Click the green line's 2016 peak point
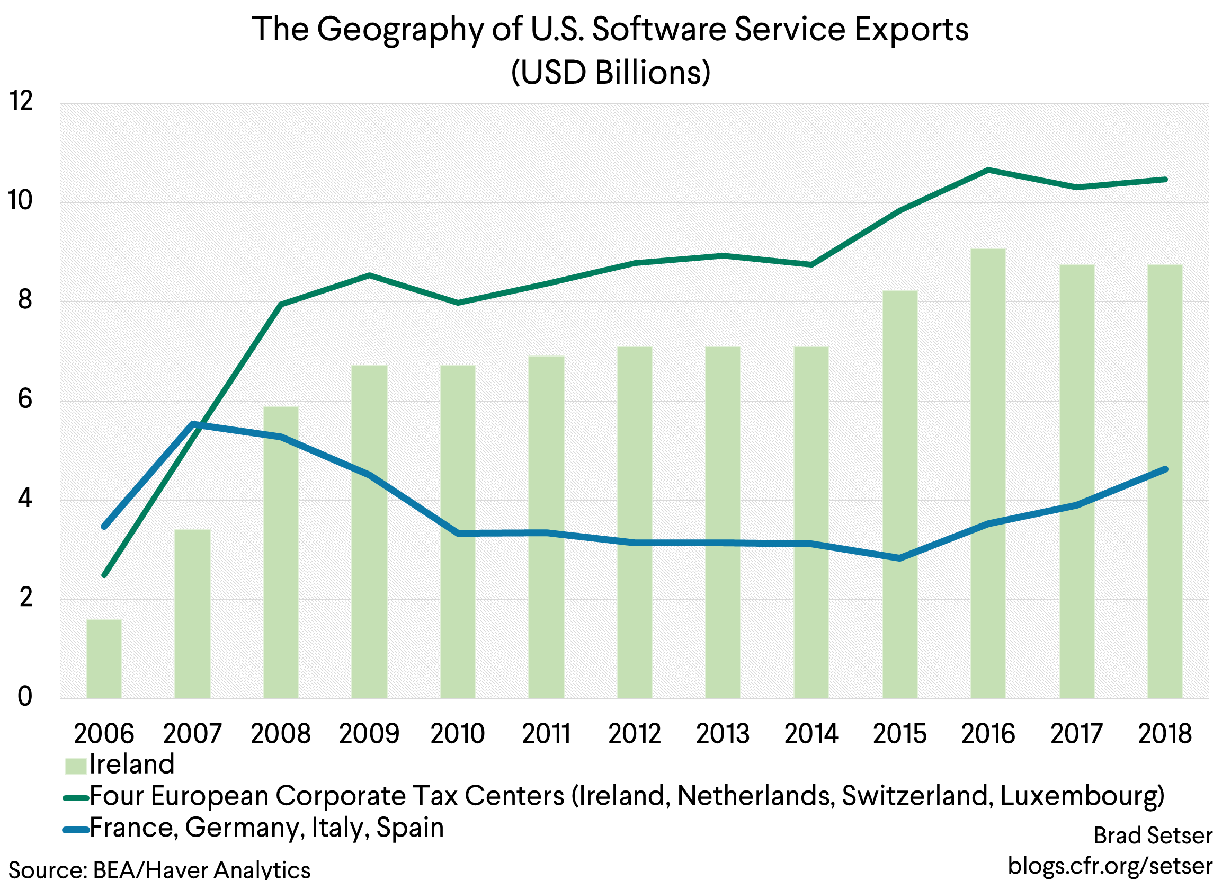(x=988, y=170)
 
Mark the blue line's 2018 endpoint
(x=1165, y=469)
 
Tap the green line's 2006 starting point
(x=104, y=575)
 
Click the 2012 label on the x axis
(x=634, y=734)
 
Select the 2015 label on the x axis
(x=899, y=734)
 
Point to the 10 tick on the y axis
(x=20, y=201)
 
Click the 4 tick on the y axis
(x=25, y=499)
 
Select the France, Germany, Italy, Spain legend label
(x=266, y=828)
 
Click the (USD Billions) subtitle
(x=610, y=72)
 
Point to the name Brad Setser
(x=1153, y=836)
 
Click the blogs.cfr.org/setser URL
(x=1109, y=866)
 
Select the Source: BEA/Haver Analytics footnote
(x=159, y=869)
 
